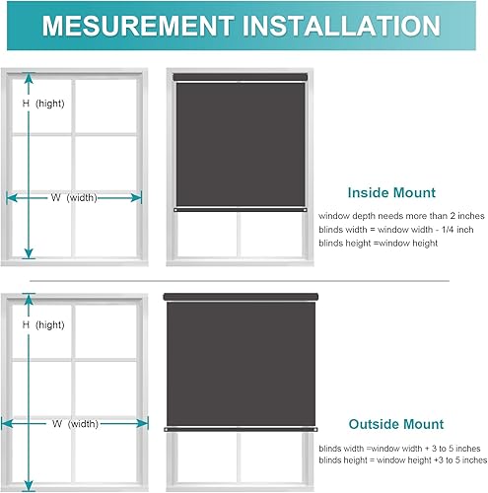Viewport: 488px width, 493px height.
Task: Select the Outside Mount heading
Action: coord(395,425)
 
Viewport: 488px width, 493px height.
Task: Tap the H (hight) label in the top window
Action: coord(43,104)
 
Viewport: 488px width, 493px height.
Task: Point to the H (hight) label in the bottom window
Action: coord(43,324)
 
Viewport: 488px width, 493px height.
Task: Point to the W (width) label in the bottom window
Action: coord(74,424)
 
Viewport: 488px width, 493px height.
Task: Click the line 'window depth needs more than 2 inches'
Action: coord(402,214)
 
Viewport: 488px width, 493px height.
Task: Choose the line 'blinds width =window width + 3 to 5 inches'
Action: coord(399,447)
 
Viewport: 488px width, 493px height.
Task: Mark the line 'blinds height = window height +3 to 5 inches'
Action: coord(401,460)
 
